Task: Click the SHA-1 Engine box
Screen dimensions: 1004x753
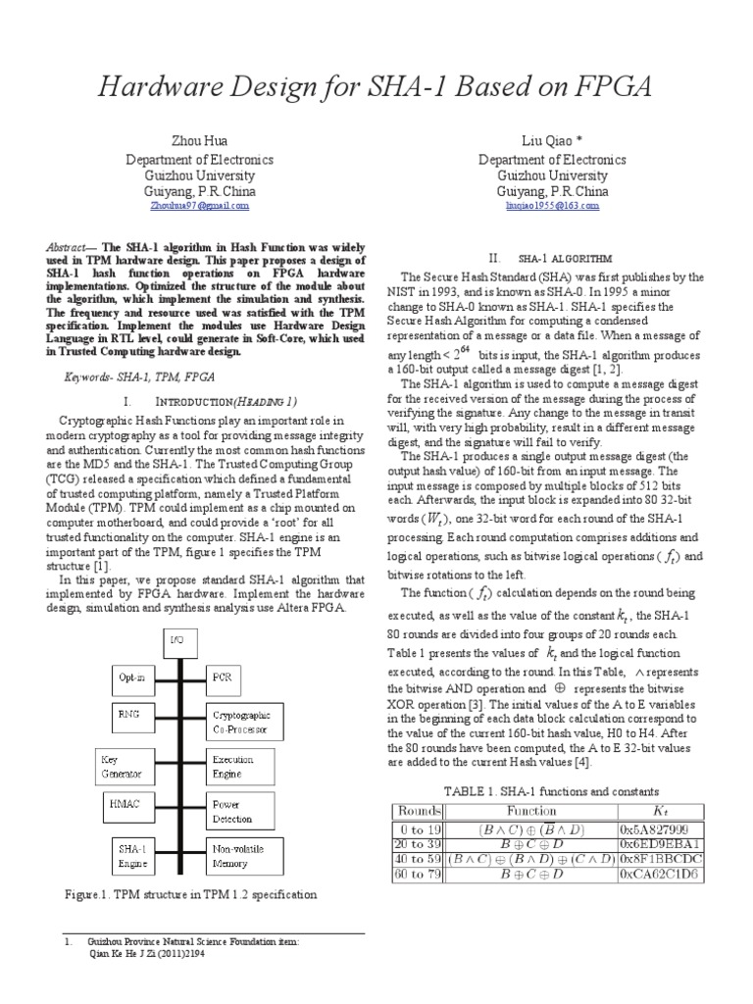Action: click(x=130, y=854)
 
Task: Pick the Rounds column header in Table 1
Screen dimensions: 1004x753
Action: click(x=418, y=812)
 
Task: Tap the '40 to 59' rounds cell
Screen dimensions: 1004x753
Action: click(x=418, y=859)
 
